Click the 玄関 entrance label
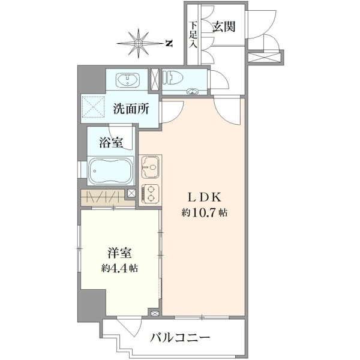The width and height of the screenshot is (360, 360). coord(224,27)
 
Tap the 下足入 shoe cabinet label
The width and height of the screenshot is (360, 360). coord(193,35)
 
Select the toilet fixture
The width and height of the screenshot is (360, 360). coord(172,77)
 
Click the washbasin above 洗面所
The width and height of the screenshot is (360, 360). coord(128,80)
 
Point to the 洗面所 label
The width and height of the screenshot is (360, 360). coord(131,109)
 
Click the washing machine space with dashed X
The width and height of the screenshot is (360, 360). coord(93,107)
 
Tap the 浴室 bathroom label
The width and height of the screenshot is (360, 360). coord(111,143)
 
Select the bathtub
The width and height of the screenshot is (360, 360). coord(110,171)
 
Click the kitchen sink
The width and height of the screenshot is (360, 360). coord(150,167)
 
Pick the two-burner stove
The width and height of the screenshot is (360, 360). coord(151,194)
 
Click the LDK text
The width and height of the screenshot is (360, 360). coord(205,197)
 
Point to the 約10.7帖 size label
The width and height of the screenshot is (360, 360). coord(205,213)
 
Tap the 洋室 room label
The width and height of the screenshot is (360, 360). coord(119,253)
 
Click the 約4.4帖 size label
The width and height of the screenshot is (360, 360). coord(119,268)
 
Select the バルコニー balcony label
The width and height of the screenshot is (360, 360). coord(180,337)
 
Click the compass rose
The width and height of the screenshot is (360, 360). coord(139,43)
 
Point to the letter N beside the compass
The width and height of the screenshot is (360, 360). coord(169,43)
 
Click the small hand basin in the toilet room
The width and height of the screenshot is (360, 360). coord(193,91)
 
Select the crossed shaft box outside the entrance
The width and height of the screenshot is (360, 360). coord(265,57)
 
